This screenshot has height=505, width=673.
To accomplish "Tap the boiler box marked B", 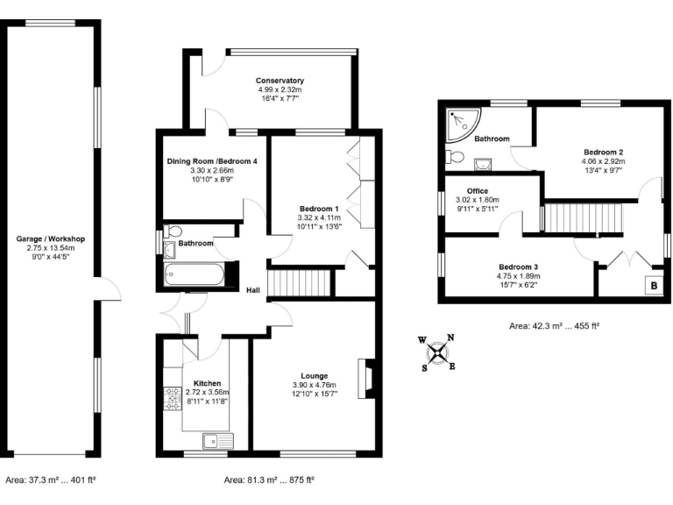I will click(653, 285).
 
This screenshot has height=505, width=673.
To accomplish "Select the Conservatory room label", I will click(280, 81).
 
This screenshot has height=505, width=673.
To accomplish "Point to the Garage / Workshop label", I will click(50, 238).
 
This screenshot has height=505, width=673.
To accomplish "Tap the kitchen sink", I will click(214, 440).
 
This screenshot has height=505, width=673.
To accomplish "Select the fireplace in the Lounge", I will click(368, 375).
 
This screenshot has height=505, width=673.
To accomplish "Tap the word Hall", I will click(252, 291).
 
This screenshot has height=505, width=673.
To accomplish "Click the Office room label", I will click(478, 190).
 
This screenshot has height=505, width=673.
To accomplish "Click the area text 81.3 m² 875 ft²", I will click(269, 480).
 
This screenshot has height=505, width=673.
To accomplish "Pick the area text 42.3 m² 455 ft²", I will click(553, 326).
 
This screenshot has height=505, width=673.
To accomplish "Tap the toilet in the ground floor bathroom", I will click(172, 231).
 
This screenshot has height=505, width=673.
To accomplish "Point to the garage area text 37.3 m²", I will click(50, 480).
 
